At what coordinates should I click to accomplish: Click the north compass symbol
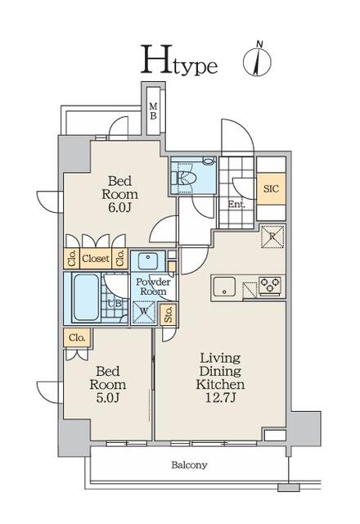(257, 60)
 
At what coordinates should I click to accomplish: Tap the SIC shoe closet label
(271, 189)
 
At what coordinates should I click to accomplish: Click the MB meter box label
(153, 111)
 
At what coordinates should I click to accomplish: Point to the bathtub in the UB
(86, 297)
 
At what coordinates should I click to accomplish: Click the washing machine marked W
(144, 312)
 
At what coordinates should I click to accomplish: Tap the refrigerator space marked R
(272, 237)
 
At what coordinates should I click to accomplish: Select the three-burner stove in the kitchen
(270, 286)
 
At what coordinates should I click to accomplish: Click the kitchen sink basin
(223, 287)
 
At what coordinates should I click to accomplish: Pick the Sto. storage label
(169, 314)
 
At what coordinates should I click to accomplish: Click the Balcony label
(189, 464)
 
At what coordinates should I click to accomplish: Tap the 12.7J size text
(220, 398)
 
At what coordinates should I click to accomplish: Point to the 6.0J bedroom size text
(119, 207)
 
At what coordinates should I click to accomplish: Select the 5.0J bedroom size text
(107, 398)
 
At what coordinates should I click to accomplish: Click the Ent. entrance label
(236, 204)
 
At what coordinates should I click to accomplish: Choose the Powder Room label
(153, 287)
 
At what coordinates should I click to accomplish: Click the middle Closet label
(96, 259)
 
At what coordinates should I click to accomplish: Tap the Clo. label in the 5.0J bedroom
(77, 337)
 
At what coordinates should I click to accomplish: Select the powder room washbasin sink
(147, 260)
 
